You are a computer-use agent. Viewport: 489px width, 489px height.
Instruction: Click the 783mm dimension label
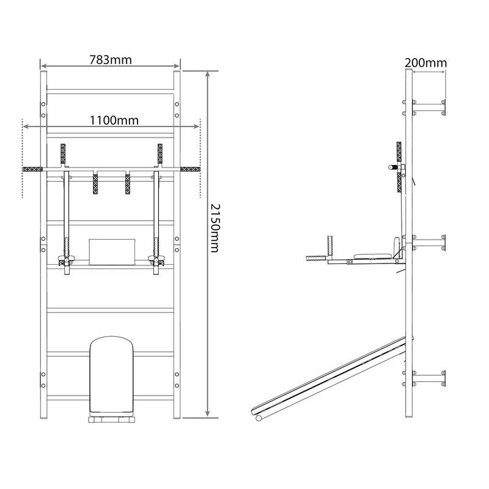pyautogui.click(x=111, y=60)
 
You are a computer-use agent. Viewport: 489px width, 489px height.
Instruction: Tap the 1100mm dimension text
pyautogui.click(x=114, y=120)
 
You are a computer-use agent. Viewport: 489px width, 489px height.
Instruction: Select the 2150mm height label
pyautogui.click(x=215, y=228)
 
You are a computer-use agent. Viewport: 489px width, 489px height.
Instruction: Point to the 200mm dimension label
pyautogui.click(x=425, y=63)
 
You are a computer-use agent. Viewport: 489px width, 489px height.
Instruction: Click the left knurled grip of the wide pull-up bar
pyautogui.click(x=32, y=169)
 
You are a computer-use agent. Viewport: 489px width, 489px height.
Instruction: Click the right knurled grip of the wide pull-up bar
pyautogui.click(x=190, y=169)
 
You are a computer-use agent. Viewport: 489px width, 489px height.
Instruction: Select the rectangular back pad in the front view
pyautogui.click(x=112, y=252)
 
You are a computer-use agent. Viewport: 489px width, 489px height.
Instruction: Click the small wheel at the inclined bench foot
pyautogui.click(x=259, y=418)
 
